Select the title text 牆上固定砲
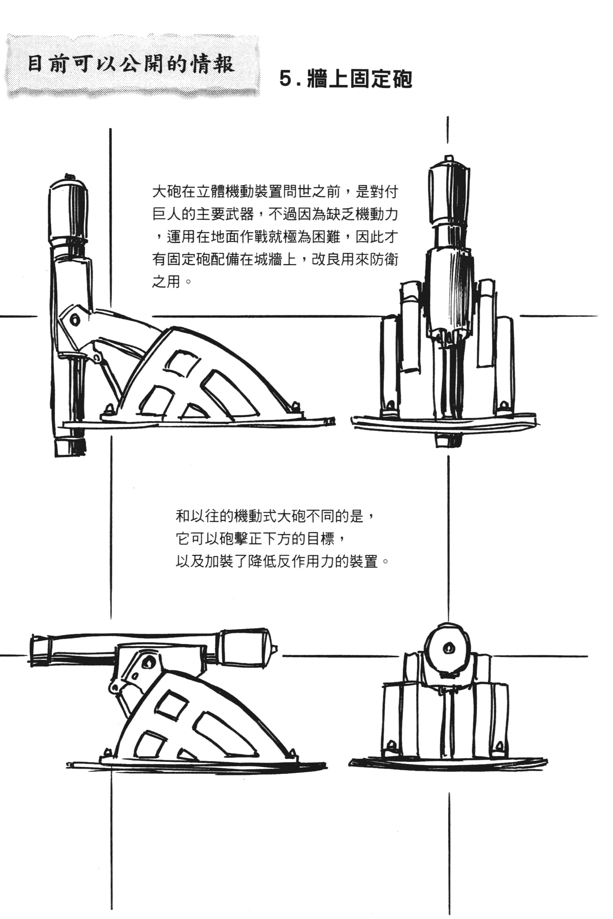coord(359,79)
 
